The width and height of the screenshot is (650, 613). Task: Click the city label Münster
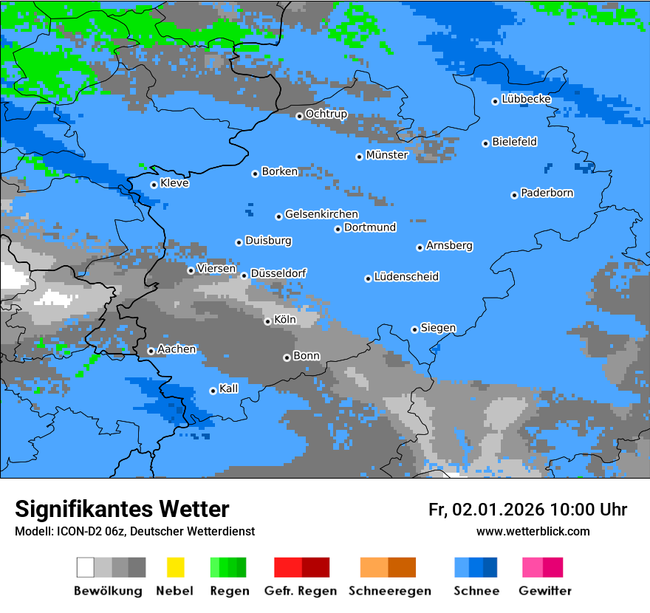386,155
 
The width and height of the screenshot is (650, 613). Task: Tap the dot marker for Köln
267,321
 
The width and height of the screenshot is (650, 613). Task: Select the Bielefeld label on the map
514,142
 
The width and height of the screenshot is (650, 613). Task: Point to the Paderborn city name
547,193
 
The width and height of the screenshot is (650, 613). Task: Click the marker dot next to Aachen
151,351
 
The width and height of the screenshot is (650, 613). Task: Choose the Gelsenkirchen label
321,214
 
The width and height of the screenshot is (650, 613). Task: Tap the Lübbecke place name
526,99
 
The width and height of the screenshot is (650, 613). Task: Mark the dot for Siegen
414,329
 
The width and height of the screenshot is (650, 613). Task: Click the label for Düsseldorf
278,273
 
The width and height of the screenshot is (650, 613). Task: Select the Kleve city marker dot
154,185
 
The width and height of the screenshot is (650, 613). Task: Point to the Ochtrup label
326,114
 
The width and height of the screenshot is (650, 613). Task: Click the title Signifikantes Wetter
122,510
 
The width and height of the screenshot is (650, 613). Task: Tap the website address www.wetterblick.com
533,532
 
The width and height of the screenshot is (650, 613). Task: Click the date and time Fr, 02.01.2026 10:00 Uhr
527,510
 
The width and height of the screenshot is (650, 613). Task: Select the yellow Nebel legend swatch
175,567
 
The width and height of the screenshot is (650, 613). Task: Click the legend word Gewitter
544,591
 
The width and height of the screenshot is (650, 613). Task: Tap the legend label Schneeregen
390,591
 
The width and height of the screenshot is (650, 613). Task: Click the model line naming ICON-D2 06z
134,532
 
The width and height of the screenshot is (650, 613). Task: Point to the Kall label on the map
228,388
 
